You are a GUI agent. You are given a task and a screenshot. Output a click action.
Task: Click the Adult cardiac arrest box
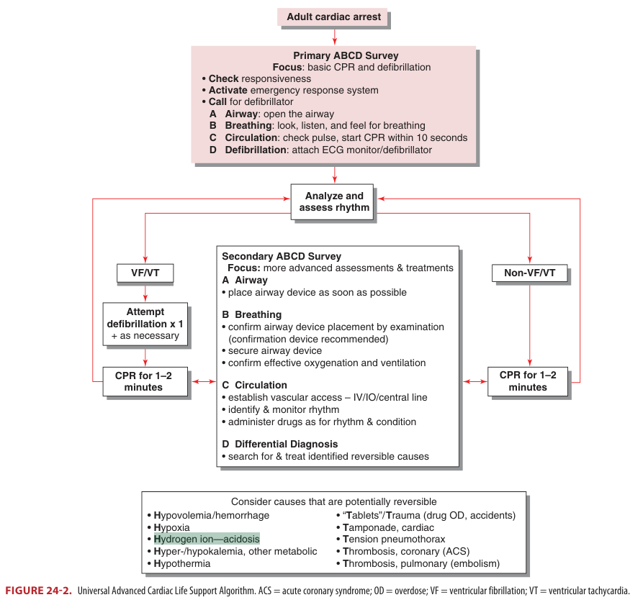333,17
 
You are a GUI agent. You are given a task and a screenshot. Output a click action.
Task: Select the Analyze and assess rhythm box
334,201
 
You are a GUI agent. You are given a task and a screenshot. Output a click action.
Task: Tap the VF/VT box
146,273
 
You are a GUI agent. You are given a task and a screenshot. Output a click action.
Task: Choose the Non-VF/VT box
530,273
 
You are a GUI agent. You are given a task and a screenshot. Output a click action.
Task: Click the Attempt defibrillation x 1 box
145,324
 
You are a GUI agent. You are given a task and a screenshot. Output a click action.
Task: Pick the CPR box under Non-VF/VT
528,381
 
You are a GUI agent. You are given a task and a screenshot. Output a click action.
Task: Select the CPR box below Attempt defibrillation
145,381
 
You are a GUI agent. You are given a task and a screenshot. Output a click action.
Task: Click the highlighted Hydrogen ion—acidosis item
207,539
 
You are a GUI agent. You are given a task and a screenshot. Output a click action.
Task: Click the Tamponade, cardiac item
388,527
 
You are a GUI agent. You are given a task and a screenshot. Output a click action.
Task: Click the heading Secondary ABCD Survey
282,256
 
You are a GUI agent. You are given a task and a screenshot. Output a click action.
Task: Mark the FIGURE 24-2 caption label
37,591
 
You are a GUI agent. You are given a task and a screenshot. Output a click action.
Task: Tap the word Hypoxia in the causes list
172,527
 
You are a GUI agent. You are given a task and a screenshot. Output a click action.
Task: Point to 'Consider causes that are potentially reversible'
333,501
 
